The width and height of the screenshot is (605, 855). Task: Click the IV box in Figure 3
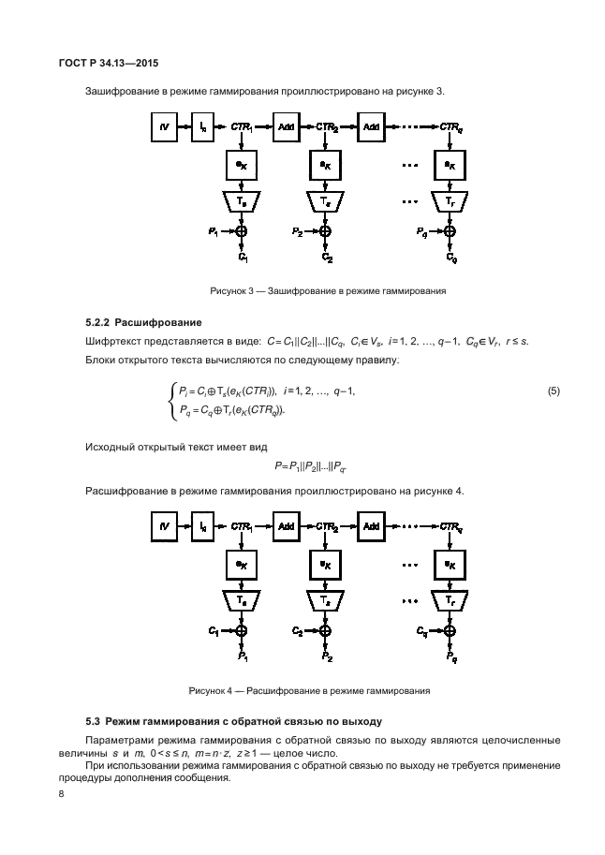coord(164,126)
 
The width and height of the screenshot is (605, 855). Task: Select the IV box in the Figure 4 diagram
coord(164,527)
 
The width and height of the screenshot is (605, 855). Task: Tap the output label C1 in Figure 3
coord(243,257)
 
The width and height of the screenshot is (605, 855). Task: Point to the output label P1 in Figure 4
coord(243,657)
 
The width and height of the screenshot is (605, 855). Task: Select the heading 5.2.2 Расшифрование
coord(144,323)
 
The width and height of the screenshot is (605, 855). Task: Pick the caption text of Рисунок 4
coord(309,692)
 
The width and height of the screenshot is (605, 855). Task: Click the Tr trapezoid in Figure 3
coord(450,200)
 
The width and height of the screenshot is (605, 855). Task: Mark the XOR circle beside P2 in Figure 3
coord(325,230)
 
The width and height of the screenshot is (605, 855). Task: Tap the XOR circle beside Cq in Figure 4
coord(450,632)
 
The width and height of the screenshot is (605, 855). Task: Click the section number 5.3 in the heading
coord(93,721)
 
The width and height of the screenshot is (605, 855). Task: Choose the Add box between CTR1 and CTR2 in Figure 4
coord(285,527)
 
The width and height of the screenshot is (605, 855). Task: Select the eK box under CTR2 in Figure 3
coord(325,165)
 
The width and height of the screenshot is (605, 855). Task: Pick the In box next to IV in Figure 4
coord(204,527)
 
